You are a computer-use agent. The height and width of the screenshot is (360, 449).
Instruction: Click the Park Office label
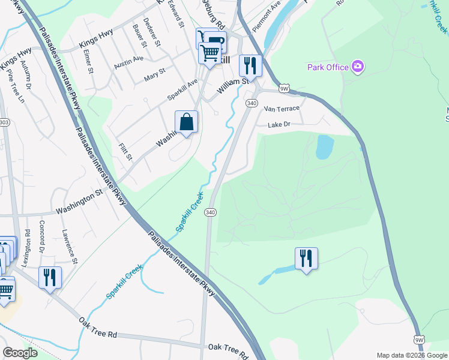(328, 67)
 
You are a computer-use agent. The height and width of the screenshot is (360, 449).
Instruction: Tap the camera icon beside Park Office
(358, 66)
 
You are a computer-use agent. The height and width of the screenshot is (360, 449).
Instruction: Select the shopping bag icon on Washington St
(187, 122)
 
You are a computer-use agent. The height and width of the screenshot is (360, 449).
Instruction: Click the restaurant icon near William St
(250, 65)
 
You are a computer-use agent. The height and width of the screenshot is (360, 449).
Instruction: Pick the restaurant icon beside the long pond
(306, 259)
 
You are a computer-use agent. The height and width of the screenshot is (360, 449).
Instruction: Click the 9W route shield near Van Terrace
(285, 88)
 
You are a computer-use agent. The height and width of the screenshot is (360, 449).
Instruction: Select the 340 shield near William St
(252, 104)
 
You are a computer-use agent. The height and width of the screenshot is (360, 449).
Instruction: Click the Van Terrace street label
(278, 109)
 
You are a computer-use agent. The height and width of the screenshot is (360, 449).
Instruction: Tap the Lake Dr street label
(279, 124)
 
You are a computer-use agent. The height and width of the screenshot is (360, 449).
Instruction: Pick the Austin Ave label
(129, 61)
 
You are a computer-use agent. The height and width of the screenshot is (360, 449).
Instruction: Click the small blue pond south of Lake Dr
(325, 146)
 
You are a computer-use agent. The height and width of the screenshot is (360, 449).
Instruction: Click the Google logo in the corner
(20, 353)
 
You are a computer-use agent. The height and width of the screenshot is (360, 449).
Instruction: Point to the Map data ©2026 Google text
(411, 355)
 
